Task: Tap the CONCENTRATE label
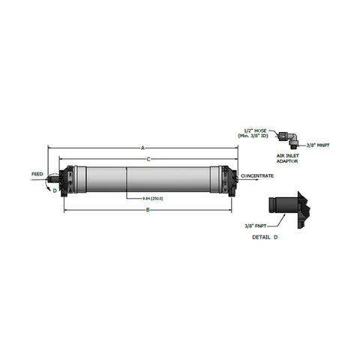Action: (257, 176)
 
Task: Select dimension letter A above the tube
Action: (142, 148)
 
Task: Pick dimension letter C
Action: (148, 159)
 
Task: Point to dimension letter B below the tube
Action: (147, 210)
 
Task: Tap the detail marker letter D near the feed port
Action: (54, 191)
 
